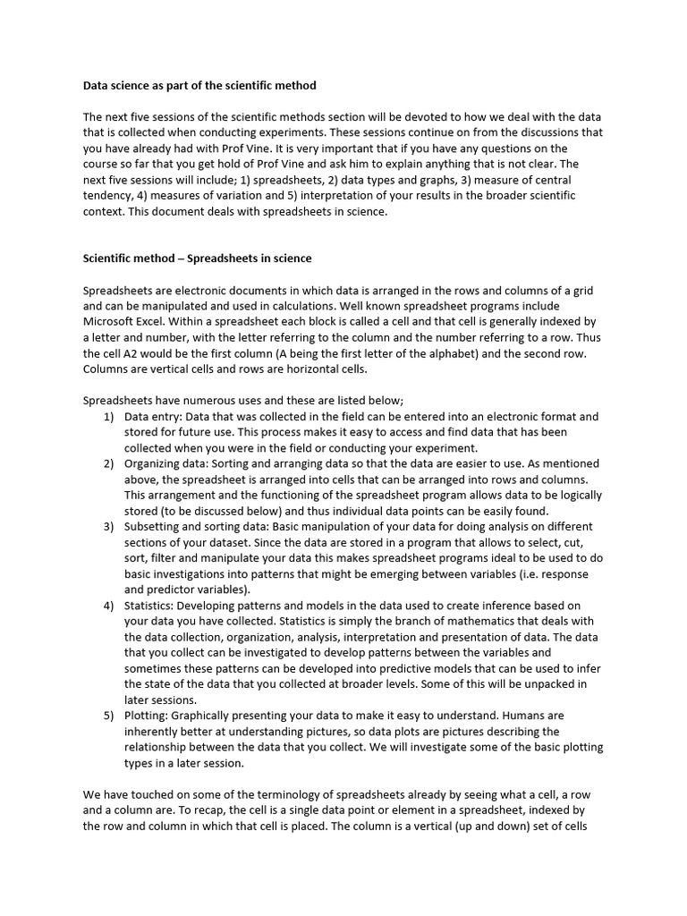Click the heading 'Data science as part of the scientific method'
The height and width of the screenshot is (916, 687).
tap(199, 86)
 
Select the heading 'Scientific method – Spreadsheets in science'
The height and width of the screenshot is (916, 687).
tap(198, 259)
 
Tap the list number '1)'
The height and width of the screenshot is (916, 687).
tap(108, 417)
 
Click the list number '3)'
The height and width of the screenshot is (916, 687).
tap(108, 527)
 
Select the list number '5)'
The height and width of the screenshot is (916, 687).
tap(108, 716)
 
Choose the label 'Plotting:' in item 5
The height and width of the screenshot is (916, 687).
tap(147, 716)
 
